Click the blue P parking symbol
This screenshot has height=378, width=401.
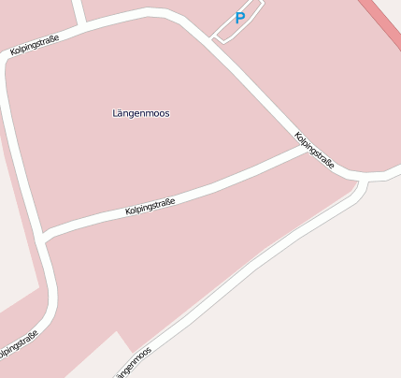point(239,18)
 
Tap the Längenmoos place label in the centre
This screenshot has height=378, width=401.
point(140,113)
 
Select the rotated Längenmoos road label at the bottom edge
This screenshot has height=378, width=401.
point(134,363)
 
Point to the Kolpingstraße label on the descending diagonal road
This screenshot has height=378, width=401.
point(314,150)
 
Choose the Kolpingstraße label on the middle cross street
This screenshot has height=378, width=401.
point(150,207)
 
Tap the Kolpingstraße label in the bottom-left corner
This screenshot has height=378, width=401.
point(19,346)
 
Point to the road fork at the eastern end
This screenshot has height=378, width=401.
point(363,177)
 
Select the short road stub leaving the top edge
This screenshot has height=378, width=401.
point(79,10)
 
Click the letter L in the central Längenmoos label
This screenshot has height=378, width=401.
point(114,113)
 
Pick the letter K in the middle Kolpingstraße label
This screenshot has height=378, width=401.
point(128,214)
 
